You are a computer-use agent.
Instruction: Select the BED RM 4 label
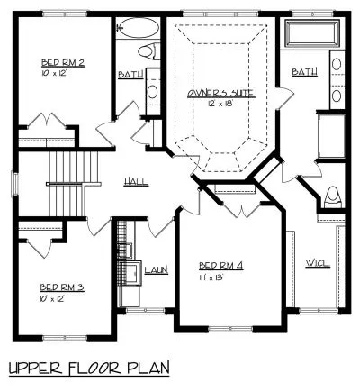tap(221, 265)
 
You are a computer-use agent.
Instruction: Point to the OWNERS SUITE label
tap(221, 93)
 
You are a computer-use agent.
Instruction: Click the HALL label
tap(137, 182)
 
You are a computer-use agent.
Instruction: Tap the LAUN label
tap(157, 269)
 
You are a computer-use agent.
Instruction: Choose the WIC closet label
tap(317, 263)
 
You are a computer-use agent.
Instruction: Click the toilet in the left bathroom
tap(150, 50)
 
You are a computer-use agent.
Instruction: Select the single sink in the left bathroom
tap(152, 91)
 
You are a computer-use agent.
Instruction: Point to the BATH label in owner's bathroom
tap(304, 70)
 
